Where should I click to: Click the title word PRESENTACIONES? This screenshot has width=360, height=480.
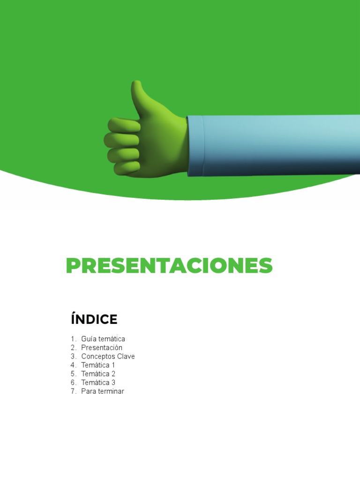[169, 266]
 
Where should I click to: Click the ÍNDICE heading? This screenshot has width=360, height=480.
[94, 320]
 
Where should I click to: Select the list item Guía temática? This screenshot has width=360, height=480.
[103, 339]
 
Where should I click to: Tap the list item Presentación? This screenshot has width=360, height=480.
[101, 348]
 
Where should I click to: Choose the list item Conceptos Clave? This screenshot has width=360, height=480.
[108, 357]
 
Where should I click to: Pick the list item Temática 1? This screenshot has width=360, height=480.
[98, 365]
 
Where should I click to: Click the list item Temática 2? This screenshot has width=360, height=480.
[98, 374]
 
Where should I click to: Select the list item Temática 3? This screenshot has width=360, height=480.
[98, 383]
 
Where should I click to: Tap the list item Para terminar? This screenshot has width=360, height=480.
[102, 391]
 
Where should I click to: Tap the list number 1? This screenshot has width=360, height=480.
[73, 339]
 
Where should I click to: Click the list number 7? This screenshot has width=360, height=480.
[73, 391]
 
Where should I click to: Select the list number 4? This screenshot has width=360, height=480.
[73, 365]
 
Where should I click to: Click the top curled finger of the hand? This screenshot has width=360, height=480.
[124, 125]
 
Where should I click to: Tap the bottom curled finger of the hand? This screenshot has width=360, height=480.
[126, 167]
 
